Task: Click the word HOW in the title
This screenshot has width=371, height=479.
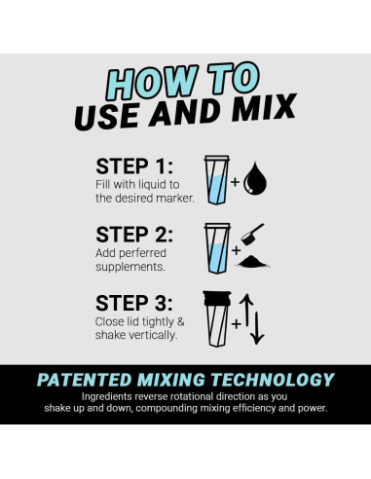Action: (152, 83)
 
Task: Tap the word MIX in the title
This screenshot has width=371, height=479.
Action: (263, 109)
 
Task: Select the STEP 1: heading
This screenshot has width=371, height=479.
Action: (134, 166)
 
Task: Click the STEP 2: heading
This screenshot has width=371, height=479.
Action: (134, 235)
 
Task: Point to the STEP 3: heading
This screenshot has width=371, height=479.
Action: (134, 303)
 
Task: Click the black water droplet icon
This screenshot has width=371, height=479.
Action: (255, 178)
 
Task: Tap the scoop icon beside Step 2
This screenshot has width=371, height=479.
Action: (252, 234)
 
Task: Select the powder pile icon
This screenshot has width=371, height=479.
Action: (252, 262)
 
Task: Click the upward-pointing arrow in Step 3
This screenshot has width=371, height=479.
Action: (246, 310)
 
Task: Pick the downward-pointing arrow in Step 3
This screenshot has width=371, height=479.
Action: (257, 328)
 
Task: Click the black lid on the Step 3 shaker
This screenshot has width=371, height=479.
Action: (217, 298)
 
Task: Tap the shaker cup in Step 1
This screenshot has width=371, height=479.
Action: (217, 180)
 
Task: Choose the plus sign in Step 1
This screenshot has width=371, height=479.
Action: (236, 182)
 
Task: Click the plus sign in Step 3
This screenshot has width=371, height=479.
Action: (236, 323)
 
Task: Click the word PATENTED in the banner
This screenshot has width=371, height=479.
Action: (84, 380)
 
